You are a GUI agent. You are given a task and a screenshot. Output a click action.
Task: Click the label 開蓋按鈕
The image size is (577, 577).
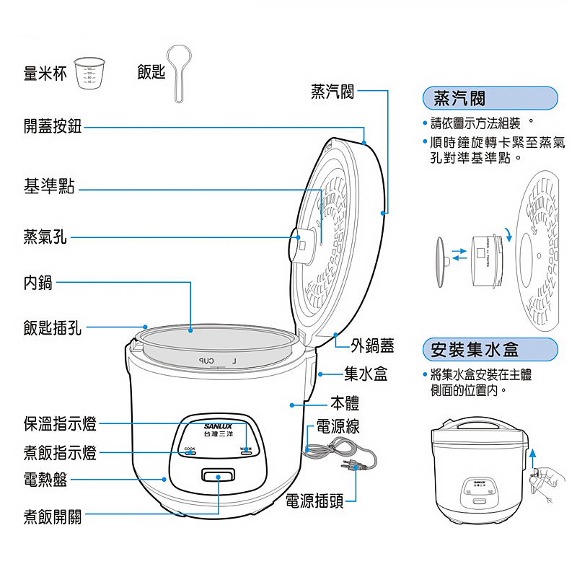point(53,127)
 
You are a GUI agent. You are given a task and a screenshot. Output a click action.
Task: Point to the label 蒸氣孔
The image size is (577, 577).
point(45,236)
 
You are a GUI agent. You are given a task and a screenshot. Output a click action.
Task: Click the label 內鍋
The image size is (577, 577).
point(38,282)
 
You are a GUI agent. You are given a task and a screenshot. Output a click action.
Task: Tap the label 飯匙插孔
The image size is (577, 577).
point(53,329)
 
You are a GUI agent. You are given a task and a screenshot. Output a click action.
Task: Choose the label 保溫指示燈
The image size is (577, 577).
point(60,424)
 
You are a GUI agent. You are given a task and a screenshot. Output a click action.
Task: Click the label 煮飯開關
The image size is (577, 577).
point(53,516)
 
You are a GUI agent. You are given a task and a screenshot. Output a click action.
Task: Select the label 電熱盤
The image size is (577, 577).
point(45,478)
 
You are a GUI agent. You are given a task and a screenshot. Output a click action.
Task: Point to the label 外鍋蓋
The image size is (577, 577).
point(373,346)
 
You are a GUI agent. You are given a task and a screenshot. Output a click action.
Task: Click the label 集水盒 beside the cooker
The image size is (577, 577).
point(366,374)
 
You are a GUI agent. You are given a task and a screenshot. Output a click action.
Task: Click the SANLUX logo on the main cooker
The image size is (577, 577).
point(218,426)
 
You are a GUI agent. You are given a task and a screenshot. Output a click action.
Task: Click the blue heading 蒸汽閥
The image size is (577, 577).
point(459,97)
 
